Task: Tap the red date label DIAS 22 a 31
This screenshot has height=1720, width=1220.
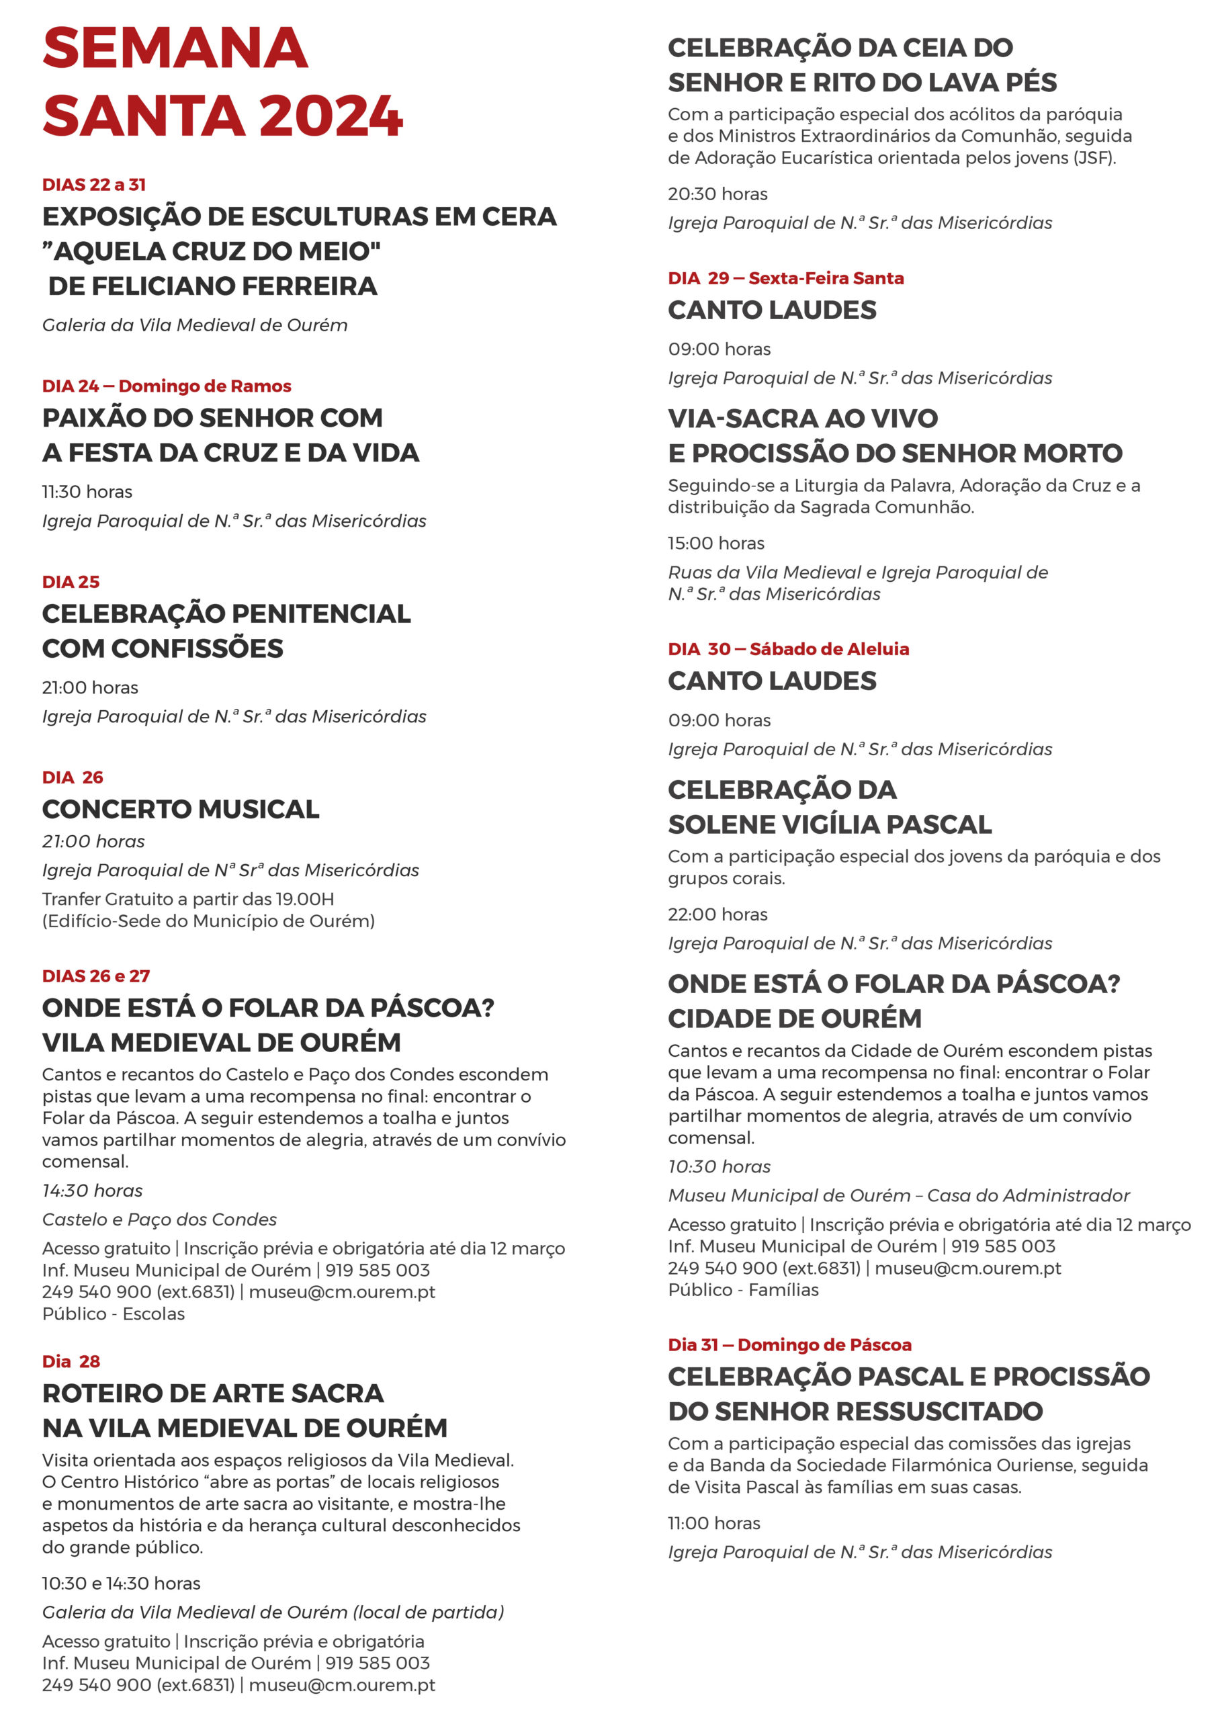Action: click(x=94, y=185)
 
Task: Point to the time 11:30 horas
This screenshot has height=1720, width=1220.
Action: click(x=87, y=492)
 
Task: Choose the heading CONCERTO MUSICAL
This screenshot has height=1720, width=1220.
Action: click(x=180, y=809)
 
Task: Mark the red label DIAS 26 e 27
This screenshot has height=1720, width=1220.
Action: click(x=96, y=976)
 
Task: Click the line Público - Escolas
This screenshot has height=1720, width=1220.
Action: click(x=114, y=1314)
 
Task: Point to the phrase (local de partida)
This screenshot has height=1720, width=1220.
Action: click(x=428, y=1612)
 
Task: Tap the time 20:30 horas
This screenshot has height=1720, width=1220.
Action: click(x=717, y=193)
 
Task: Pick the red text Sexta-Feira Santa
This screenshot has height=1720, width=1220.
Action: click(x=826, y=278)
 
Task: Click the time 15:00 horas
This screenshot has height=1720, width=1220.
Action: click(x=716, y=543)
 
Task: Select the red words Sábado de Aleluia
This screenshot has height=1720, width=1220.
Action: click(x=830, y=649)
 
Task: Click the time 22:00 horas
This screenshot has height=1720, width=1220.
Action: click(x=717, y=914)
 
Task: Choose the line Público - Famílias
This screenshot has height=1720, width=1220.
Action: click(x=743, y=1289)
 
